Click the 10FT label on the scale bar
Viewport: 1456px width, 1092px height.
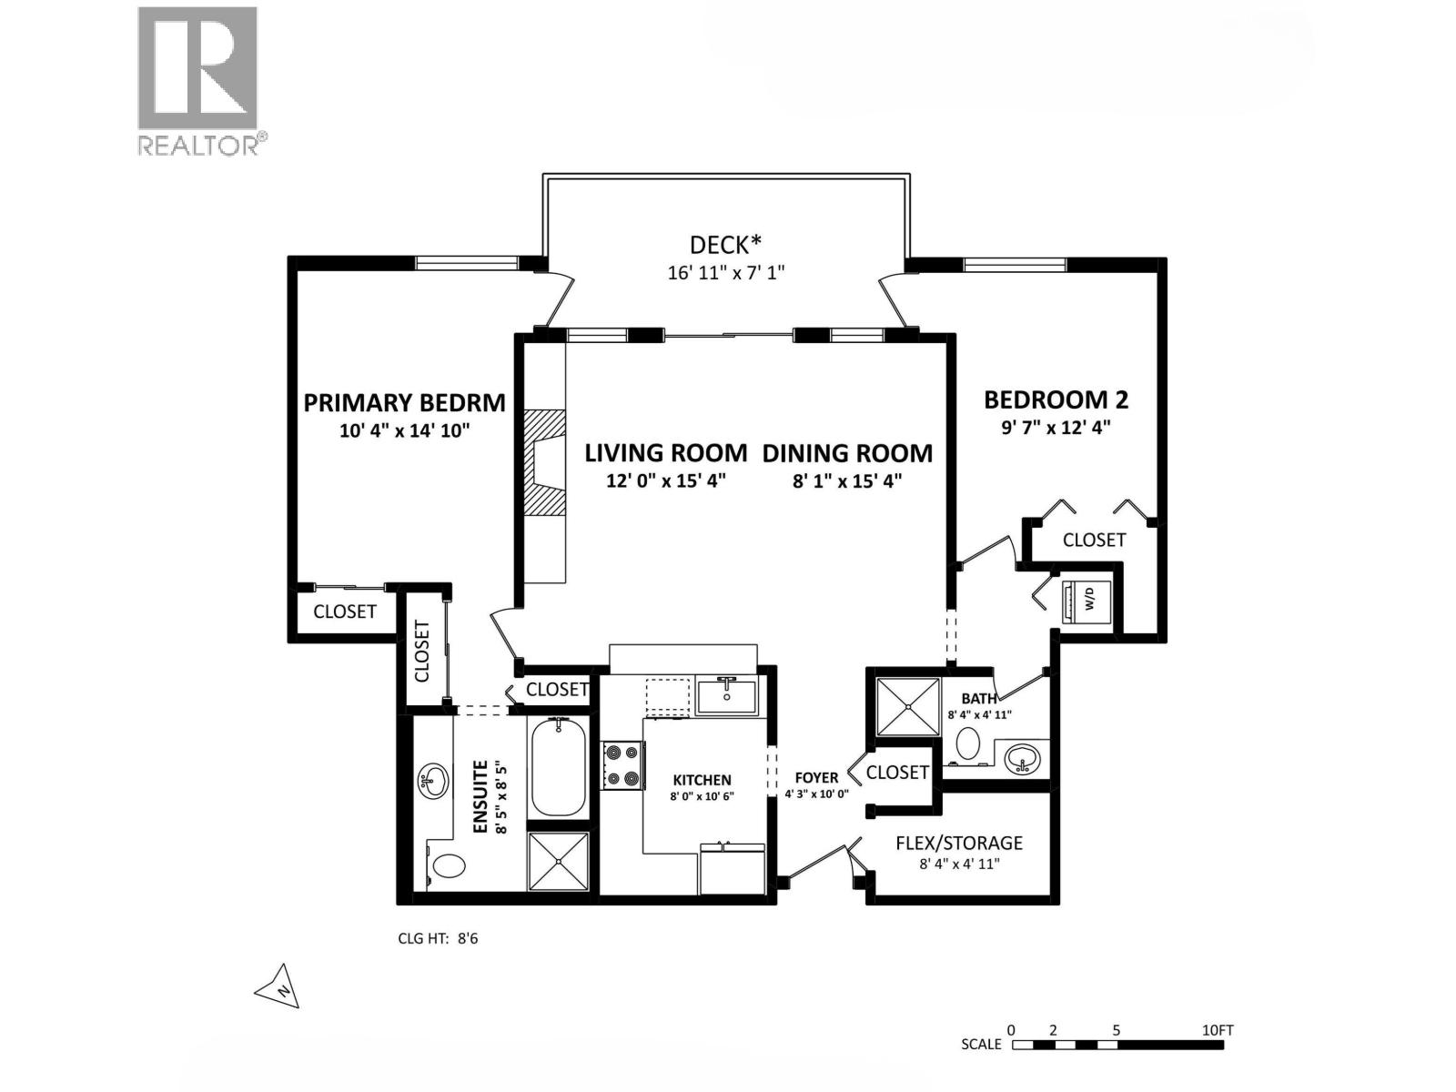click(1217, 1030)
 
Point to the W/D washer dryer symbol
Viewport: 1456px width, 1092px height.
click(1087, 599)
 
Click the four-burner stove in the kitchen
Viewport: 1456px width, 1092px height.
click(622, 765)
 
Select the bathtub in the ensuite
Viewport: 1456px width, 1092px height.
click(557, 766)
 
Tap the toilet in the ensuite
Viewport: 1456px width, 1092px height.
click(446, 864)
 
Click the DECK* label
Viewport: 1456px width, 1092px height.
click(724, 245)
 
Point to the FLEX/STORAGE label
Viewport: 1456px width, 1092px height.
click(958, 843)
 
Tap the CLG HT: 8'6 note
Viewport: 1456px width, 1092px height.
click(438, 938)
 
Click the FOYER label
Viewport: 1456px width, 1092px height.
click(816, 778)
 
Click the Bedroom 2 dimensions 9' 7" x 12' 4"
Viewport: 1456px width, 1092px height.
click(1056, 427)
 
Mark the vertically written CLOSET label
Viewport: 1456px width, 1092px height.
click(422, 651)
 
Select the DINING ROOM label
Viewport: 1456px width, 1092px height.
click(847, 453)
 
